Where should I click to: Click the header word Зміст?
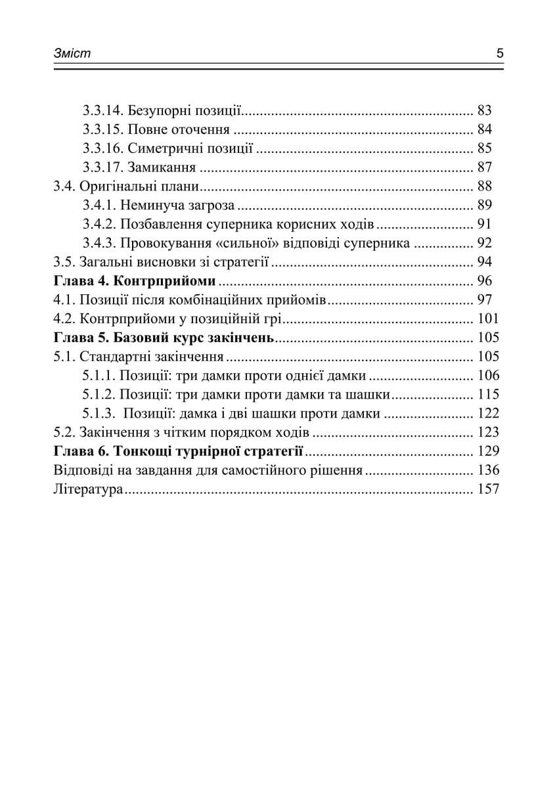(72, 54)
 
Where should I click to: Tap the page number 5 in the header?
(500, 54)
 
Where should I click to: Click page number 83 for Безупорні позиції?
(485, 110)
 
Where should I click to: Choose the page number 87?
(485, 167)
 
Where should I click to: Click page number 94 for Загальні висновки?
(485, 262)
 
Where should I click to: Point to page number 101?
(488, 319)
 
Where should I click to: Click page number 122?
(488, 414)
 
